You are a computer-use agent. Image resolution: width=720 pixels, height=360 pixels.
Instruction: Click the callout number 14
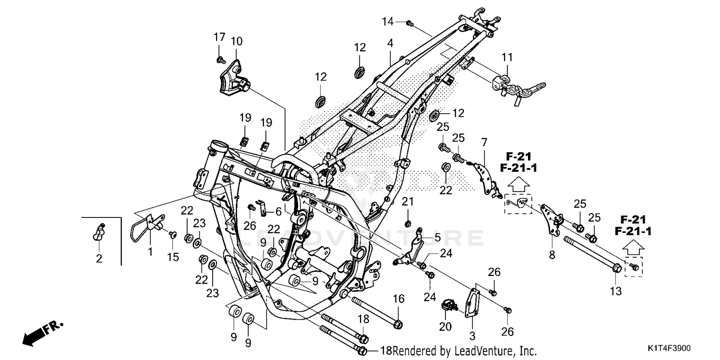click(x=388, y=21)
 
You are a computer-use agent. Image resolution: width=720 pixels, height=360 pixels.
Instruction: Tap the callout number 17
click(x=219, y=37)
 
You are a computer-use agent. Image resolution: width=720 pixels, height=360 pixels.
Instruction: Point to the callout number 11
click(x=507, y=58)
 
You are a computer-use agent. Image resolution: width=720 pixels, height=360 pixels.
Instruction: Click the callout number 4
click(x=390, y=43)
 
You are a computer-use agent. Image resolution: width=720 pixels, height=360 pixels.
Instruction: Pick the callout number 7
click(x=484, y=142)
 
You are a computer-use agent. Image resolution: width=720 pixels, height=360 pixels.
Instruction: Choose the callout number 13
click(x=616, y=291)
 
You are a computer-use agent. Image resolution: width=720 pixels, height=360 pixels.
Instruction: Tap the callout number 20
click(x=445, y=327)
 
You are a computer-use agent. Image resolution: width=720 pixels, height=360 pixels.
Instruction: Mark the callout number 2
click(x=99, y=259)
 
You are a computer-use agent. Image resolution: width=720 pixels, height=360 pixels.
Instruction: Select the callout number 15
click(x=173, y=257)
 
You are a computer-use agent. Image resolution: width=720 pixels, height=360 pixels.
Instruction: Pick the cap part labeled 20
click(x=448, y=305)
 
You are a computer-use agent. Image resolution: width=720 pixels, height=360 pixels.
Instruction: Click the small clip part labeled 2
click(x=98, y=232)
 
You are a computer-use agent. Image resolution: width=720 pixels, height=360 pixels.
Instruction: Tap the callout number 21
click(x=407, y=201)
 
